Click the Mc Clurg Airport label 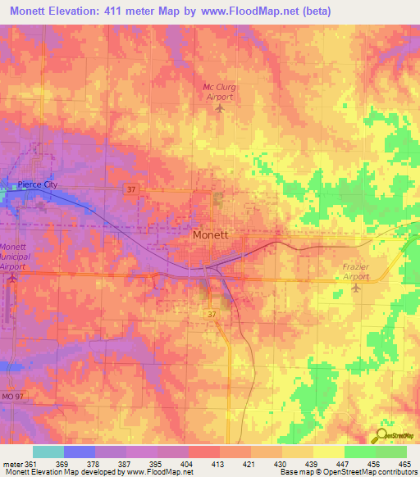point(218,92)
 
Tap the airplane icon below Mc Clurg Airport point(218,108)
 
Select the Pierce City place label point(39,184)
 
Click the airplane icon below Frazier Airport point(355,287)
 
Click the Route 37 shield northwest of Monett point(131,189)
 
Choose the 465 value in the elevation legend point(403,463)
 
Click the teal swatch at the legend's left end point(48,452)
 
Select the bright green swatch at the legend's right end point(391,452)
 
